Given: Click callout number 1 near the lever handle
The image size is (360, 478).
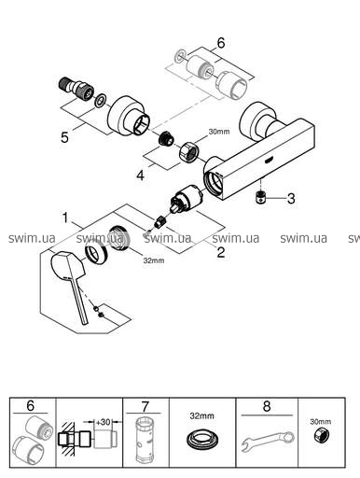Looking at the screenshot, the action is click(65, 218).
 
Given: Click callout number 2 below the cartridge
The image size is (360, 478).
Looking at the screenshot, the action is click(220, 252).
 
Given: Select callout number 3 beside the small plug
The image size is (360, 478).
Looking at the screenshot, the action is click(291, 198).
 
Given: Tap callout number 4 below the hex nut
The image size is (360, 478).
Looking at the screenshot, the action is click(141, 176).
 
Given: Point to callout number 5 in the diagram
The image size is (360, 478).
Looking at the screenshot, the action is click(64, 137).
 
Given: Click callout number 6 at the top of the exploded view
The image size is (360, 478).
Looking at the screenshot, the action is click(221, 43).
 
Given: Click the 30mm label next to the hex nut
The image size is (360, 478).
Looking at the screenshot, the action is click(219, 132).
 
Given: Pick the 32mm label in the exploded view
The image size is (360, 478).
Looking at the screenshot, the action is click(154, 260).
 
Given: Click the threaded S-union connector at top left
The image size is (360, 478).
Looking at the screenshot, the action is click(76, 88).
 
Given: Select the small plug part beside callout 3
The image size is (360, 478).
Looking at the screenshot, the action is click(260, 197).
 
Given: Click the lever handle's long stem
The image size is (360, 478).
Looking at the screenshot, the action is click(78, 300).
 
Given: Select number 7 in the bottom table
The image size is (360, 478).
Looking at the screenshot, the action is click(145, 406).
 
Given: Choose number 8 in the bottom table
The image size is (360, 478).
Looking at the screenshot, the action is click(267, 406).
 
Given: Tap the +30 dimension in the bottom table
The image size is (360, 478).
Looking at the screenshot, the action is click(103, 422).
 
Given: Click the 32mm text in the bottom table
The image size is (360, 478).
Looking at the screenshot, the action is click(202, 415).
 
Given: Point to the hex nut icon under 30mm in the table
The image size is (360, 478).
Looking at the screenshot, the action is click(321, 435).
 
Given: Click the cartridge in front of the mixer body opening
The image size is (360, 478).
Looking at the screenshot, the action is click(186, 201).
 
